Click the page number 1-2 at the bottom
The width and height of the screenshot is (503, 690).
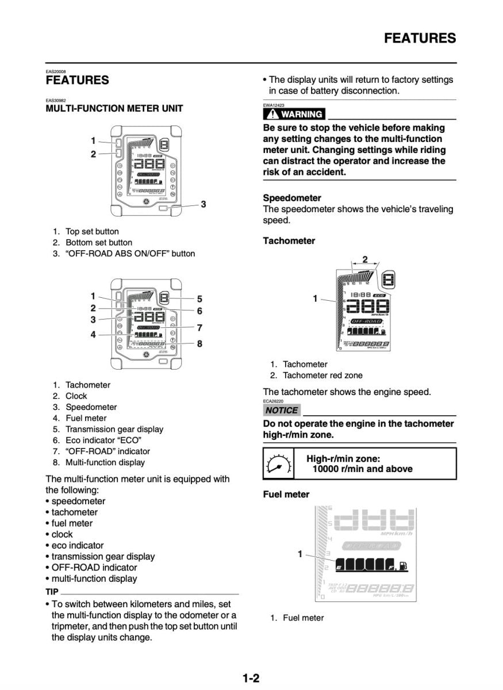pos(251,678)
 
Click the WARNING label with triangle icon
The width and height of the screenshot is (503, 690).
pos(293,114)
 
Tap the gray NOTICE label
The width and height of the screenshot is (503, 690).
pos(282,410)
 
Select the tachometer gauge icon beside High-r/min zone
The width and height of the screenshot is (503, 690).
pos(278,463)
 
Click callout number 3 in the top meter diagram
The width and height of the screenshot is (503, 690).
pos(203,204)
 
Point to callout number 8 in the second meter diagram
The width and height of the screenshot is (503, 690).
pos(199,344)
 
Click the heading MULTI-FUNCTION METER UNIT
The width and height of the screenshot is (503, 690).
pos(114,108)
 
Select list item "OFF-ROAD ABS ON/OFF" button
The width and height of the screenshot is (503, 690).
pos(130,254)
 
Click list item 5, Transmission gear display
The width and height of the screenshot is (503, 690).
pos(114,429)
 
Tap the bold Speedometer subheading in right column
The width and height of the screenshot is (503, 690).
pos(292,198)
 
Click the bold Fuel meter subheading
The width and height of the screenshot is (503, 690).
pos(286,494)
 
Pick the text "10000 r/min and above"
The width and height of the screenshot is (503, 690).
pos(362,469)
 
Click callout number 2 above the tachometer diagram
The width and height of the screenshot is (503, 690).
pos(364,258)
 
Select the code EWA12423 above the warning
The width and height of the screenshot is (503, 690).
pos(274,105)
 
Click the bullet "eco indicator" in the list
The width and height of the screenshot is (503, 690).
pos(78,545)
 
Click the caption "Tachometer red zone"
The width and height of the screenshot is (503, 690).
pos(322,375)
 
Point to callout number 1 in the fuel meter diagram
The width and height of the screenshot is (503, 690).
pos(300,554)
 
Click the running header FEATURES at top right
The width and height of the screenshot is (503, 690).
pos(420,39)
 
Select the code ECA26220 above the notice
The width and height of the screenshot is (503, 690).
pos(274,401)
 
